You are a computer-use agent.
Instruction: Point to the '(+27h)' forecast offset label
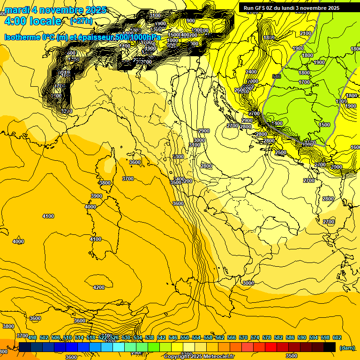tap(81, 21)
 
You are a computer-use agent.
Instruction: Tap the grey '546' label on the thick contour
tap(276, 76)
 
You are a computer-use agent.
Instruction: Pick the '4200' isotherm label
tap(99, 287)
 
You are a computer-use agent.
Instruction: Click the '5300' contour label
tap(178, 157)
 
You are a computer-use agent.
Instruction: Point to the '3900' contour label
tap(97, 196)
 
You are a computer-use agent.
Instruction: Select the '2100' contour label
tap(305, 34)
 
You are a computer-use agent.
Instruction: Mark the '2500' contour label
tap(280, 153)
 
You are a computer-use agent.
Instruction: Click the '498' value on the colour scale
tap(32, 338)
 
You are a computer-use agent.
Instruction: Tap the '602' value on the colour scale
tap(337, 338)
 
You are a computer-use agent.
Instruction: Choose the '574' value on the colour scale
tap(255, 338)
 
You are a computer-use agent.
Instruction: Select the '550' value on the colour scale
tap(185, 338)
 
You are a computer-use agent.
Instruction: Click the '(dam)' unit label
tap(346, 348)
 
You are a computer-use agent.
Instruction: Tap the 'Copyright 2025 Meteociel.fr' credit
tap(199, 356)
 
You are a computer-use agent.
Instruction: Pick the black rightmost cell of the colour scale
tap(330, 347)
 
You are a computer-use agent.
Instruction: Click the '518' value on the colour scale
tap(91, 338)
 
